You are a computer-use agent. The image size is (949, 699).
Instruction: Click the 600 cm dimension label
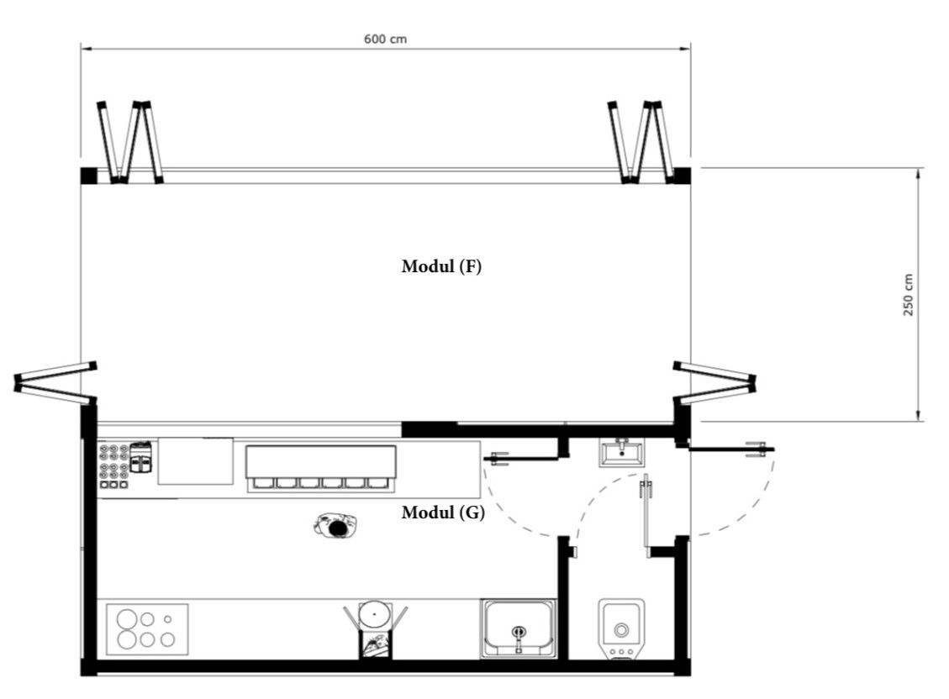(385, 39)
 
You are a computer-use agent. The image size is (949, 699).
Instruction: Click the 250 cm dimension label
(908, 295)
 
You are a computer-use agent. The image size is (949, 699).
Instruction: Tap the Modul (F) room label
(441, 266)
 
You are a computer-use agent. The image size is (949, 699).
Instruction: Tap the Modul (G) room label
(443, 512)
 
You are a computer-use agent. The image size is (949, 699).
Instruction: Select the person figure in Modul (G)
(335, 525)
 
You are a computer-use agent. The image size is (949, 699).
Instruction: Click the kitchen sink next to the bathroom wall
(519, 628)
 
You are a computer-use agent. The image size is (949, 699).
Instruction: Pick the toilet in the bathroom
(621, 629)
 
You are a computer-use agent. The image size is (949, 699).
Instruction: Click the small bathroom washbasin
(621, 453)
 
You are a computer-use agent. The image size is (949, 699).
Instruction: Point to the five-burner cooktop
(147, 629)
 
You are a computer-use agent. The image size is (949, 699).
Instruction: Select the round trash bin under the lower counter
(374, 614)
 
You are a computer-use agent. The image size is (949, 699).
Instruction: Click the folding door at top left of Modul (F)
(130, 142)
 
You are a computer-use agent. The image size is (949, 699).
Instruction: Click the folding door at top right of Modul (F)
(641, 142)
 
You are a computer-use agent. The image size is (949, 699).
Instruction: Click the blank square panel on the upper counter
(196, 460)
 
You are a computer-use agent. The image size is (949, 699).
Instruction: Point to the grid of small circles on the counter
(114, 466)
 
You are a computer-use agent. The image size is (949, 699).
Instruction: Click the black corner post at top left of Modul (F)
(88, 176)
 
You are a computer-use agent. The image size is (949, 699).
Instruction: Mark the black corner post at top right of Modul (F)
(683, 176)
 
